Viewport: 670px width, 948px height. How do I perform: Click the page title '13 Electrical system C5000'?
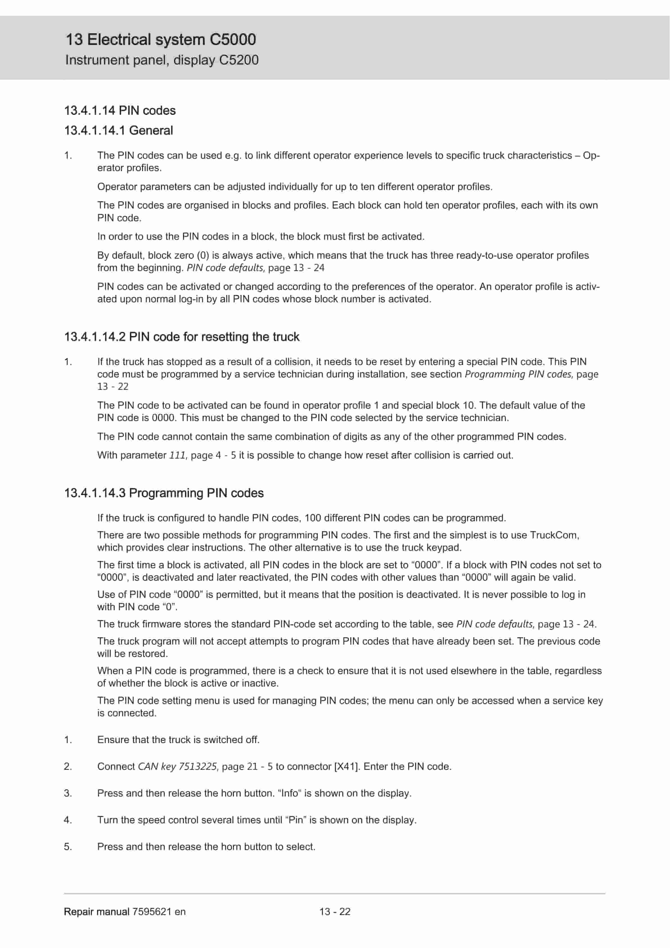(161, 40)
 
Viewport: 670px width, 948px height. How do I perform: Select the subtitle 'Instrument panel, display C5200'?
(162, 60)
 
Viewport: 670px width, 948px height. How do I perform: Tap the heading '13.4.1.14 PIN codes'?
(120, 111)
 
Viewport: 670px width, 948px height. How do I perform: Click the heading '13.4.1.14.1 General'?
(118, 131)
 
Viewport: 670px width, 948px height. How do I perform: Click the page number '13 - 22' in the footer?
(335, 912)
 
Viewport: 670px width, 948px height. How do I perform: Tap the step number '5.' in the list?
(68, 847)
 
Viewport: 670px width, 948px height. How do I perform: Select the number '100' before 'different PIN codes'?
(313, 518)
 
